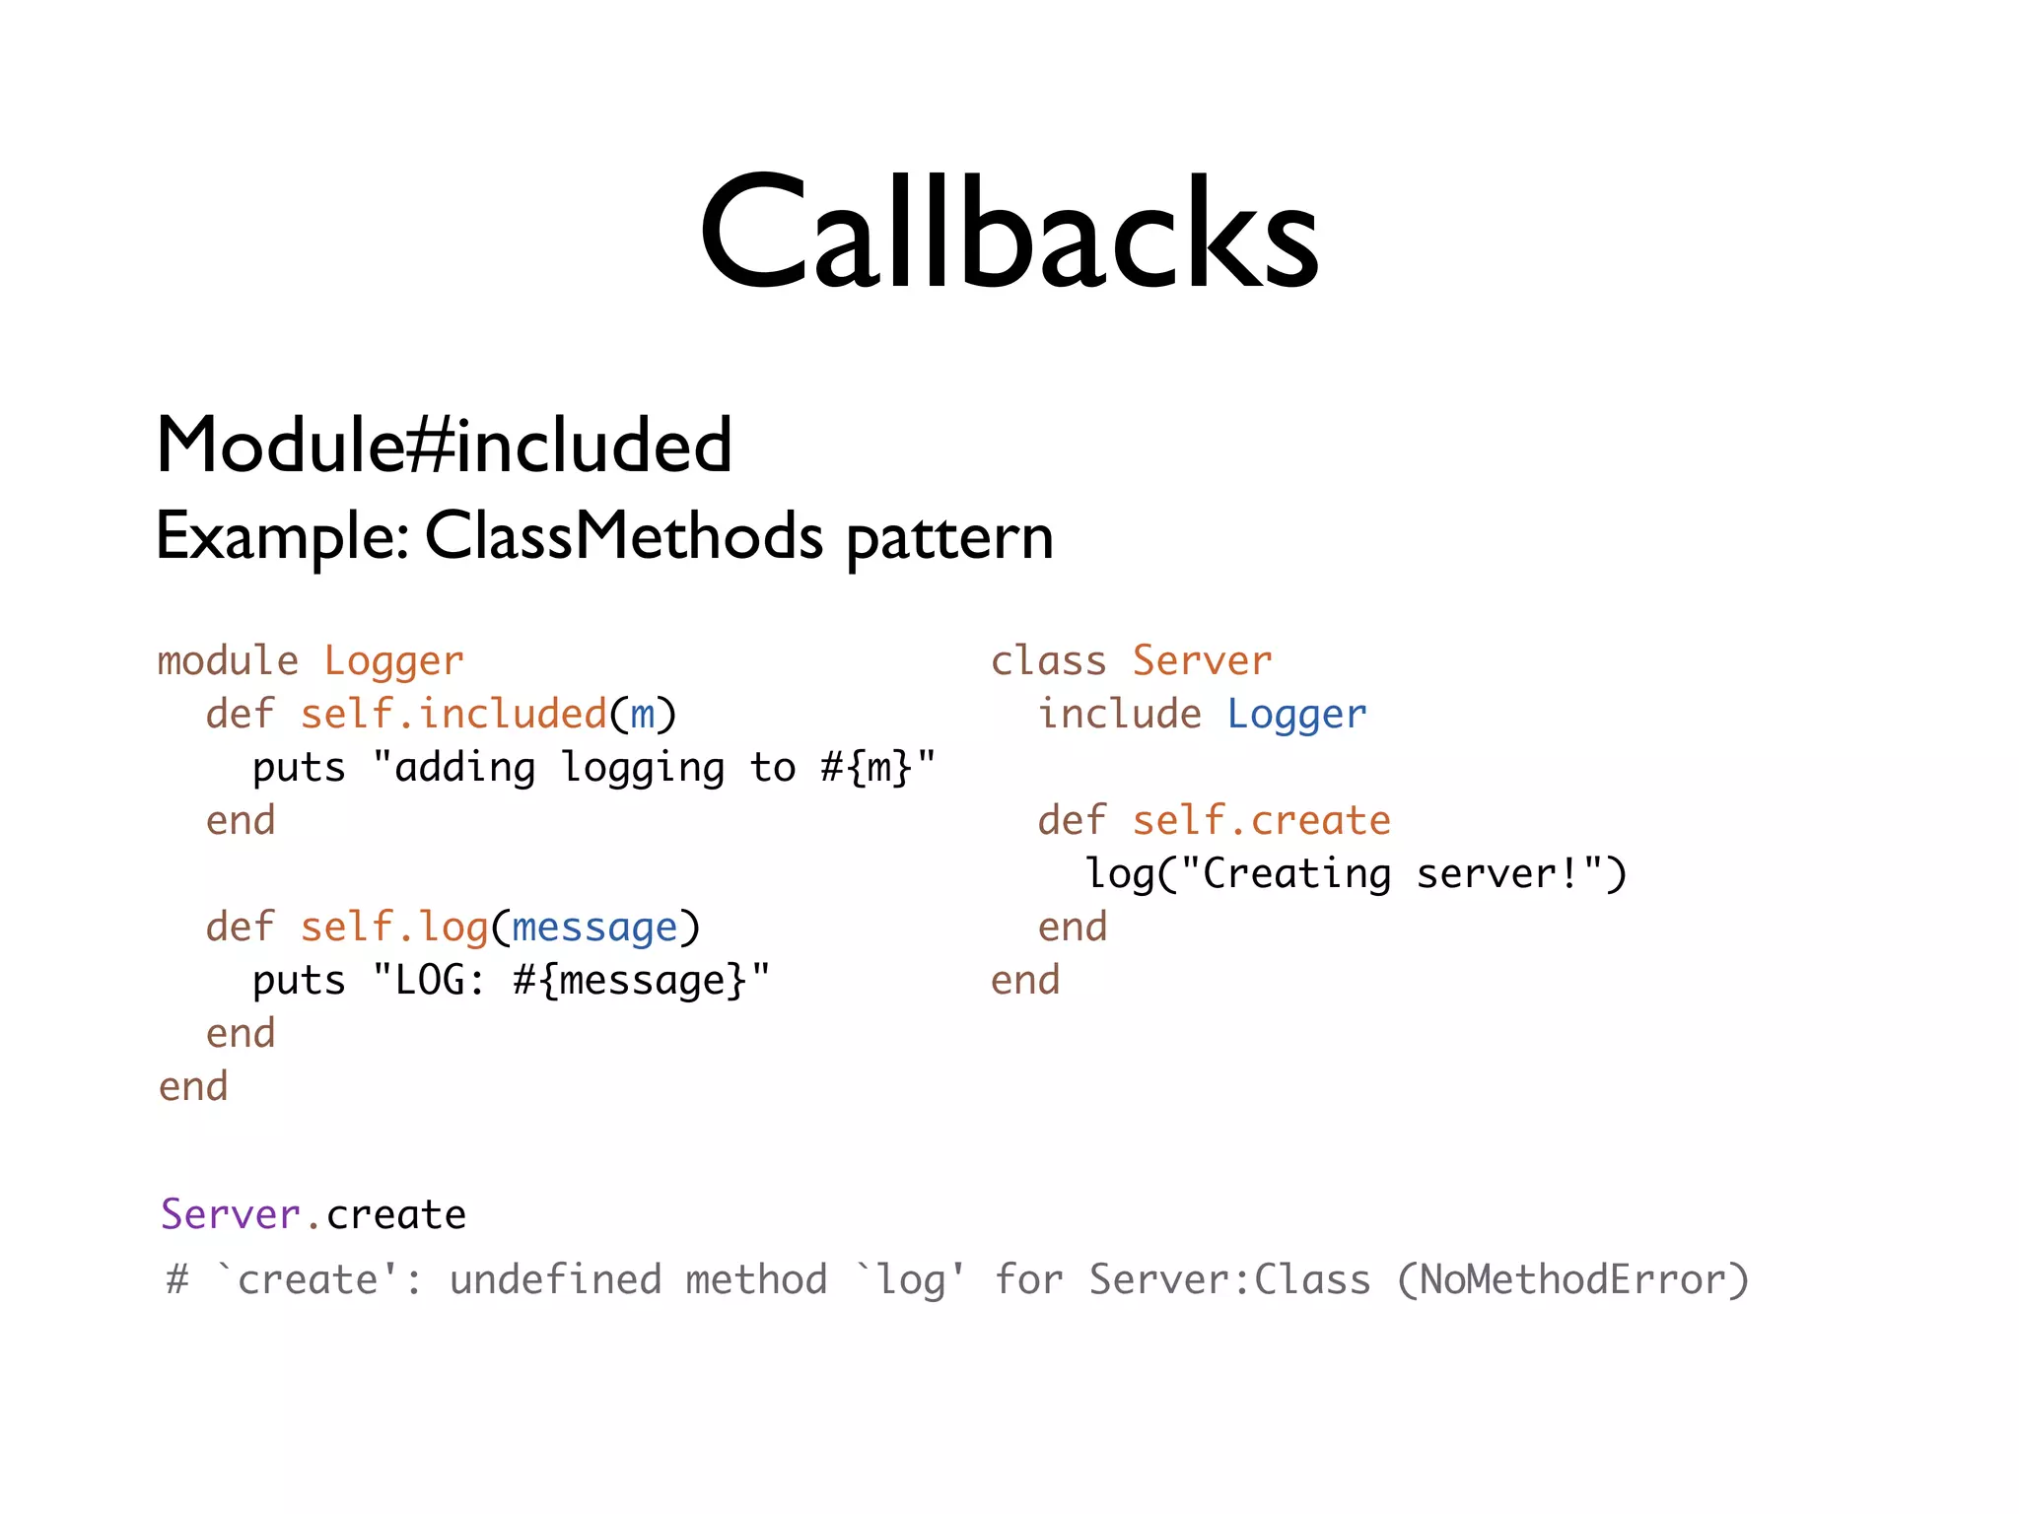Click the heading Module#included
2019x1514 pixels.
point(444,446)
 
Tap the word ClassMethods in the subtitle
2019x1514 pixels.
point(623,537)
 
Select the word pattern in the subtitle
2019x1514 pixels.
point(949,539)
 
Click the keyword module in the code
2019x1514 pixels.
point(228,661)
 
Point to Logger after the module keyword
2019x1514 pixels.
point(393,661)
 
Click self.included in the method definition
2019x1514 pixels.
point(453,715)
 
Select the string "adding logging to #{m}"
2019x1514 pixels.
point(654,768)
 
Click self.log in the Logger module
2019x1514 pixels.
point(394,928)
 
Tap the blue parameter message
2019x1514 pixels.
point(594,928)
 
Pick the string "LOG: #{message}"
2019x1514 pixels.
point(571,981)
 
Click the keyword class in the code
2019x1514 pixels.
point(1048,661)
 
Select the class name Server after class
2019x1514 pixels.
point(1202,661)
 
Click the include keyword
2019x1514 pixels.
point(1119,715)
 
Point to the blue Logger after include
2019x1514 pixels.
point(1296,715)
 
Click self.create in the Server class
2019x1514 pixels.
point(1261,821)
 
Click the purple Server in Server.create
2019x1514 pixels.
point(230,1215)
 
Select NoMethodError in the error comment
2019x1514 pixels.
point(1572,1280)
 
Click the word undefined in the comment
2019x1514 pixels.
point(555,1280)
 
